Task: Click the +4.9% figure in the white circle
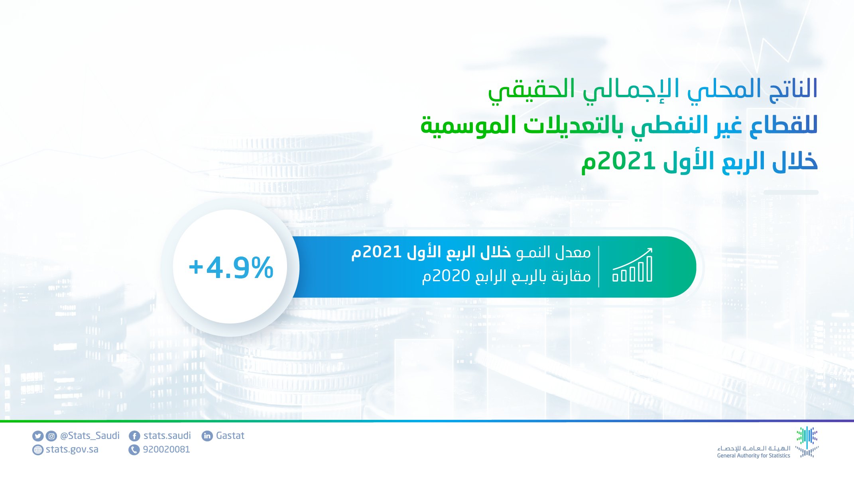[231, 267]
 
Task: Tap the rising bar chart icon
[632, 265]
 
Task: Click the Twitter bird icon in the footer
[37, 436]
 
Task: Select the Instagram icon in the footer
[51, 436]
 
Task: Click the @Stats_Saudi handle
[90, 436]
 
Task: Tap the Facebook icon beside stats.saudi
[134, 436]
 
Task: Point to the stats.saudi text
[167, 436]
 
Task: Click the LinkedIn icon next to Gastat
[207, 436]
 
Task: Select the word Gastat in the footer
[230, 436]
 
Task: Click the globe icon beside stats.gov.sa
[37, 450]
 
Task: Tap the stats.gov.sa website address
[72, 450]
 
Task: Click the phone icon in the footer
[134, 450]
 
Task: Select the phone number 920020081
[166, 450]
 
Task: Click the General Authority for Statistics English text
[754, 456]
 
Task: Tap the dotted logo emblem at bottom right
[807, 442]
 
